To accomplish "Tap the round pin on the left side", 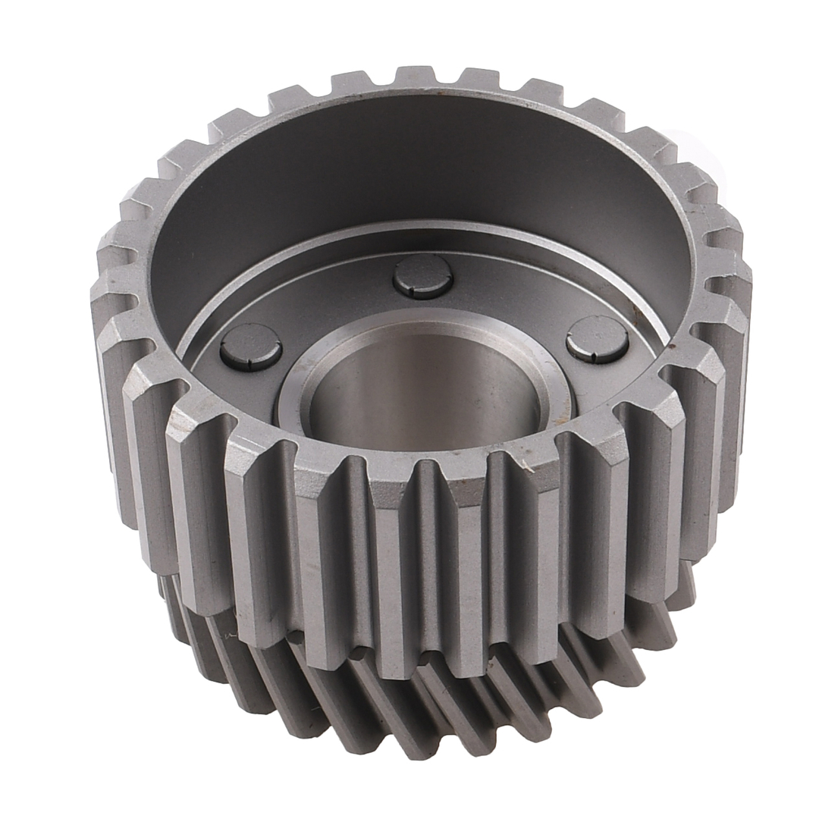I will click(251, 347).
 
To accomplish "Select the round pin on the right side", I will click(597, 338).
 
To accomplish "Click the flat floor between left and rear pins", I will click(326, 303).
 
